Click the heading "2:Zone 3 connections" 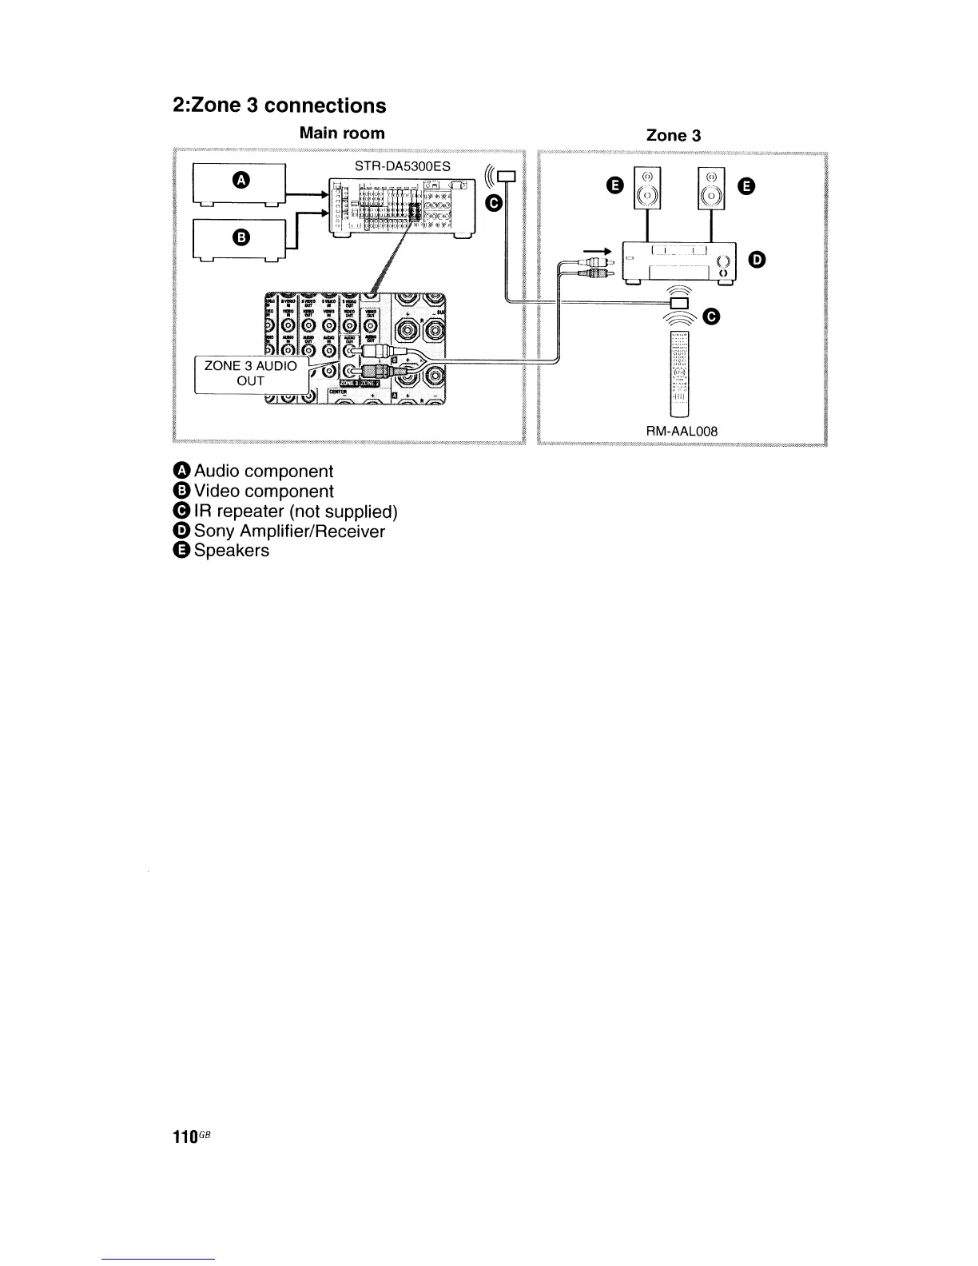(280, 105)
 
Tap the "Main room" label (341, 133)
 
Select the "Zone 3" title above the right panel (674, 135)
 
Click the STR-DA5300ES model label (402, 166)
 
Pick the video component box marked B (239, 239)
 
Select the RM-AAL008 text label (682, 431)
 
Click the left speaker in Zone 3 (647, 189)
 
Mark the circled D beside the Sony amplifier (758, 259)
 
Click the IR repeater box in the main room (507, 177)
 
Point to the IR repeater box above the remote (679, 302)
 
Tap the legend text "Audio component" (263, 472)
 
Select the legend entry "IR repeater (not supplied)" (295, 512)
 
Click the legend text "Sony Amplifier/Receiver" (288, 531)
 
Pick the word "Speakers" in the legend (231, 551)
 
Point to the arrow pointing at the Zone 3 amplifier (598, 251)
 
